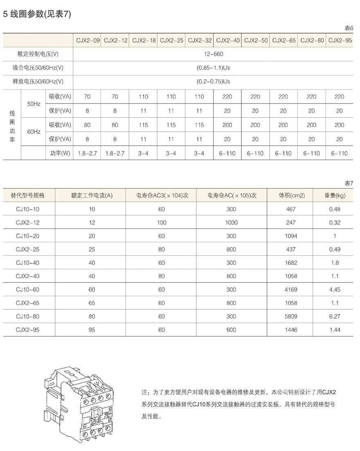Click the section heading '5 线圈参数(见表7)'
point(37,14)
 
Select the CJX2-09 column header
point(87,41)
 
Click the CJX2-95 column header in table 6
point(340,41)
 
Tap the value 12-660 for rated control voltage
point(213,54)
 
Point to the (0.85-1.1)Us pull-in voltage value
point(213,68)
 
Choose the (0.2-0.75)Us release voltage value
point(213,82)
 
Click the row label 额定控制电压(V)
point(38,54)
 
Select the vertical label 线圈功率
point(12,125)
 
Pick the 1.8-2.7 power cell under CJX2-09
point(87,153)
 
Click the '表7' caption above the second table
point(349,183)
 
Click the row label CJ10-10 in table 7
point(28,209)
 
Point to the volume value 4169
point(291,290)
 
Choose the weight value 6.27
point(335,316)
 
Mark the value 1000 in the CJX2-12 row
point(232,223)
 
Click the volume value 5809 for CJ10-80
point(291,316)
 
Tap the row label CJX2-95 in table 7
point(28,330)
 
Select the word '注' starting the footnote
point(144,392)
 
